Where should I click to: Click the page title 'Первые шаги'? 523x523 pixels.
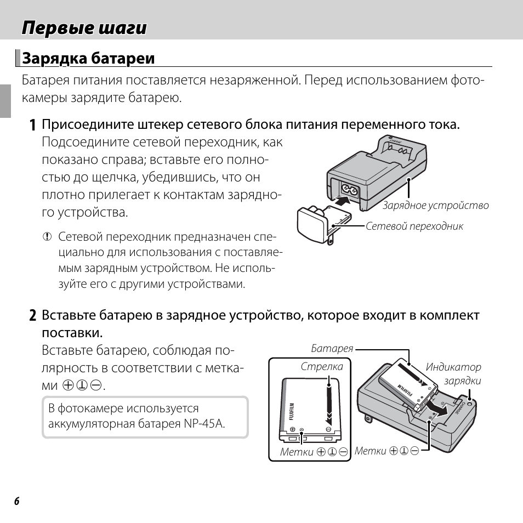tap(84, 28)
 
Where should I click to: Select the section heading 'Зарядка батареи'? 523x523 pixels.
tap(88, 58)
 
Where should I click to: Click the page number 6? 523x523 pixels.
tap(16, 502)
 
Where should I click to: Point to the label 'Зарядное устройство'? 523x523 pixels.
tap(435, 206)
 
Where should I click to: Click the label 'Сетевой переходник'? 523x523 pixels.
tap(414, 226)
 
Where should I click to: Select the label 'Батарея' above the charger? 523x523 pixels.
tap(332, 348)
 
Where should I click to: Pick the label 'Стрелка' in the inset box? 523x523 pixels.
tap(322, 366)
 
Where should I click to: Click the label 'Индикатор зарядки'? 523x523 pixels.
tap(453, 374)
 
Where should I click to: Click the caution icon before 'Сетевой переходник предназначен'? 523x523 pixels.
tap(47, 237)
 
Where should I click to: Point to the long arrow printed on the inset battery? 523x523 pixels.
tap(329, 403)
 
